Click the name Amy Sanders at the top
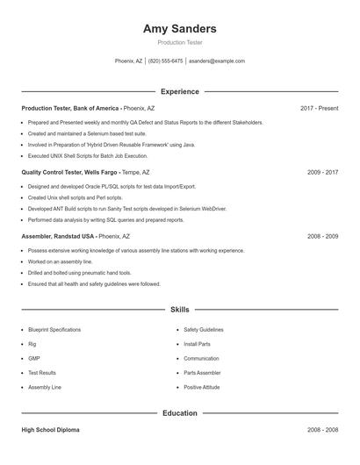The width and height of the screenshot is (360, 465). (x=179, y=29)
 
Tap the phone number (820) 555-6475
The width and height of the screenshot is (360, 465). (x=165, y=61)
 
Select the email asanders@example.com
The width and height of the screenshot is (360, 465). (x=217, y=61)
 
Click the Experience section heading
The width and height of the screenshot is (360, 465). (x=179, y=91)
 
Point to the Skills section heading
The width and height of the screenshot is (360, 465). (x=179, y=310)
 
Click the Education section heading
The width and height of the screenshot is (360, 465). (x=179, y=413)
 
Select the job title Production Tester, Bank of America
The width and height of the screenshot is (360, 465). (x=71, y=108)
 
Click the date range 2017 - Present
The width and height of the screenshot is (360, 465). (x=319, y=108)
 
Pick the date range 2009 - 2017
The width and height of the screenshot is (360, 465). (x=322, y=173)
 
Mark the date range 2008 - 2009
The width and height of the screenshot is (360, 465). (x=322, y=237)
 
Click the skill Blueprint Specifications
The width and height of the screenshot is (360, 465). (x=54, y=330)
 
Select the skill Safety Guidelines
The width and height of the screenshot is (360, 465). (x=204, y=330)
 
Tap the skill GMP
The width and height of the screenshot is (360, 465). (x=34, y=359)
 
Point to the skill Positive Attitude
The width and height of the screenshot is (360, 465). (x=202, y=387)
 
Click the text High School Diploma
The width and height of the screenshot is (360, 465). (x=50, y=430)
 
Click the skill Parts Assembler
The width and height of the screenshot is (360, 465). (x=203, y=373)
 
